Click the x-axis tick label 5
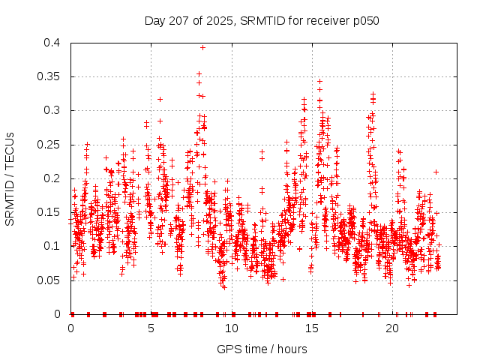pos(151,328)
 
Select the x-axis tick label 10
pos(232,328)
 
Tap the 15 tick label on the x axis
pos(312,328)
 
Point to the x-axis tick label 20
pos(392,328)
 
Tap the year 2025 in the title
pos(220,20)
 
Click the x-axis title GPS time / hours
pos(261,349)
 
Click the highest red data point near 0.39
pos(202,47)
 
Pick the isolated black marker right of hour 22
pos(436,172)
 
